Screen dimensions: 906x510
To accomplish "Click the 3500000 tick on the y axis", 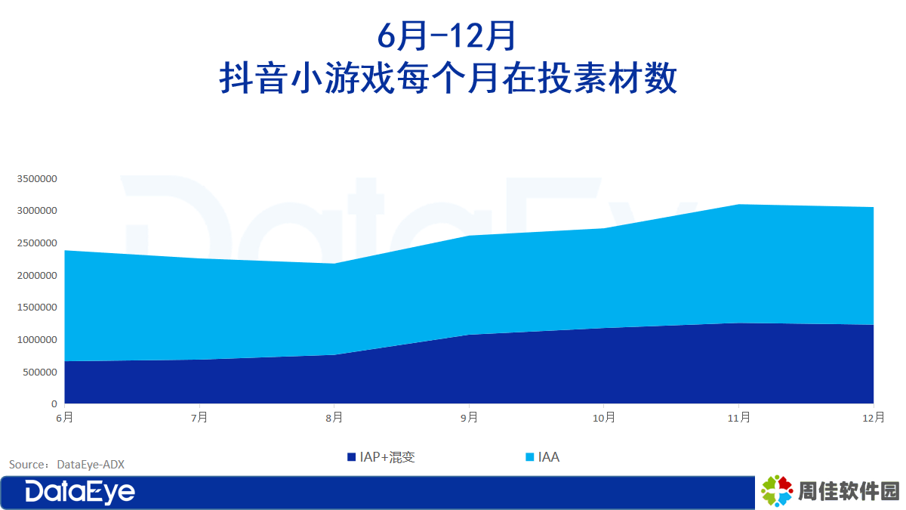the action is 37,178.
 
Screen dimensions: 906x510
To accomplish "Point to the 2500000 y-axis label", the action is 37,243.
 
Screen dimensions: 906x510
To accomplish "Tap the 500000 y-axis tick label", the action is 39,372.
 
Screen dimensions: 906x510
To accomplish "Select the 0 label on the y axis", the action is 54,404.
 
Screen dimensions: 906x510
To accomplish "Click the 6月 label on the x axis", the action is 65,417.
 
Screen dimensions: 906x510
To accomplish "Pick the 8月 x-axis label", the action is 334,417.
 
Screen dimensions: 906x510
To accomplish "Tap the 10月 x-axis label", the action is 604,417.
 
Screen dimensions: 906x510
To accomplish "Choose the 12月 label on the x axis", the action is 874,417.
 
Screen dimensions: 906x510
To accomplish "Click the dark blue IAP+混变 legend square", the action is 352,457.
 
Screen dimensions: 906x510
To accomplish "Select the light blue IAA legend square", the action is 530,457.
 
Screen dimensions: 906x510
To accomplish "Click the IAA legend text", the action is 549,457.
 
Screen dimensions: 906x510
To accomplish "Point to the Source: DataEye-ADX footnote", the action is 66,464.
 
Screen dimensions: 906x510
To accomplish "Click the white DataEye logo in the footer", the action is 80,492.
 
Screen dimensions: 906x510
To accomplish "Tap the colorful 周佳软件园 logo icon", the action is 777,491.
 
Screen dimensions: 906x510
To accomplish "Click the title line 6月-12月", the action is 446,36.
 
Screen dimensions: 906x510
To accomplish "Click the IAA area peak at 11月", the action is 739,205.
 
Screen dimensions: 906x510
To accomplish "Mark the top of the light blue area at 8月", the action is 334,264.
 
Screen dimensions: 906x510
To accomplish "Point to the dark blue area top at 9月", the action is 469,335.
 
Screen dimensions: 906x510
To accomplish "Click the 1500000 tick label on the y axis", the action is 37,308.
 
